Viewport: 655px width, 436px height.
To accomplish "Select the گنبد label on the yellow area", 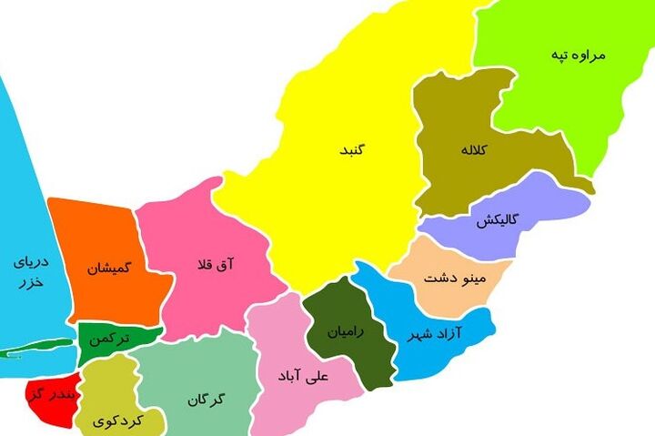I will tap(349, 148).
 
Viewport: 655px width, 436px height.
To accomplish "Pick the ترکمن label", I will tap(110, 338).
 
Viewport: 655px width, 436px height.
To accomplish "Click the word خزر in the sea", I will tap(30, 284).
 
